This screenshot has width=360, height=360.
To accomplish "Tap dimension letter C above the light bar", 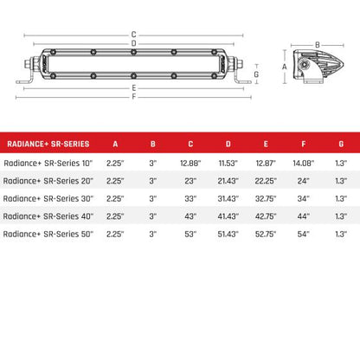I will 133,34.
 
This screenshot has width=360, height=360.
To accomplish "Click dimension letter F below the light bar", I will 133,96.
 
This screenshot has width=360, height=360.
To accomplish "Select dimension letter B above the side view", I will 318,43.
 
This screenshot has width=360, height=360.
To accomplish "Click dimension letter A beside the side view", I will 285,66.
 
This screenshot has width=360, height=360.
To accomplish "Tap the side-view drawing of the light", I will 316,67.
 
